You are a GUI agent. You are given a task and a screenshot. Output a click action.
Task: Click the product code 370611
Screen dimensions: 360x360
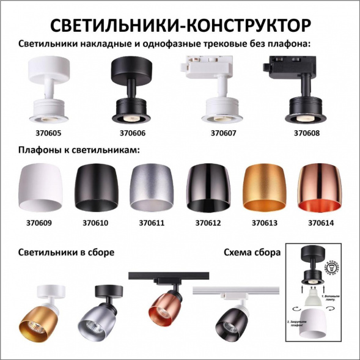[152, 223]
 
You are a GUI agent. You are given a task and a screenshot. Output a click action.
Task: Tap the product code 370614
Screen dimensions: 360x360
[321, 223]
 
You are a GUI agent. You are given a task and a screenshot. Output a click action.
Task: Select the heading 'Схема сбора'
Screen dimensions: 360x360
[252, 252]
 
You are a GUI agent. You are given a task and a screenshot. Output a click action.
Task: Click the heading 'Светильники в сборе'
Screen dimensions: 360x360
[66, 252]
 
